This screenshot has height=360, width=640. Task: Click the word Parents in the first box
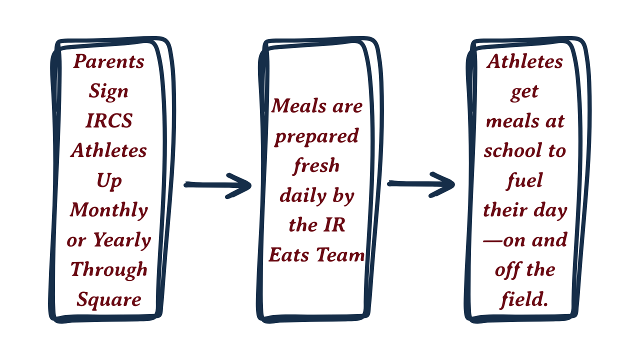click(x=108, y=61)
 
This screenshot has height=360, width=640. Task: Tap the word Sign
click(x=108, y=91)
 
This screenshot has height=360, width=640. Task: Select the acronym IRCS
click(x=108, y=121)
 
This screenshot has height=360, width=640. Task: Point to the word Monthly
click(x=108, y=210)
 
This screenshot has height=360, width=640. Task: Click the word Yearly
click(x=122, y=240)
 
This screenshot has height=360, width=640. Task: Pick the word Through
click(x=108, y=270)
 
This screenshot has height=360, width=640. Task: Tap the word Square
click(x=108, y=300)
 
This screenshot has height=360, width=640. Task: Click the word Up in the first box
click(x=109, y=181)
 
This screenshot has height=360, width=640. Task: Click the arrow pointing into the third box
click(x=421, y=184)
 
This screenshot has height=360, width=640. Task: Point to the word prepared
click(x=316, y=136)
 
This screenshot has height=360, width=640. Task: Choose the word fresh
click(x=316, y=165)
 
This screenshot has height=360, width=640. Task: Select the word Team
click(x=340, y=255)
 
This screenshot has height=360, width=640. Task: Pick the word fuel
click(x=524, y=180)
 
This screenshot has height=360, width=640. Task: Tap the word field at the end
click(x=523, y=299)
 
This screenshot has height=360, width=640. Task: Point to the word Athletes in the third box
click(x=524, y=61)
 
